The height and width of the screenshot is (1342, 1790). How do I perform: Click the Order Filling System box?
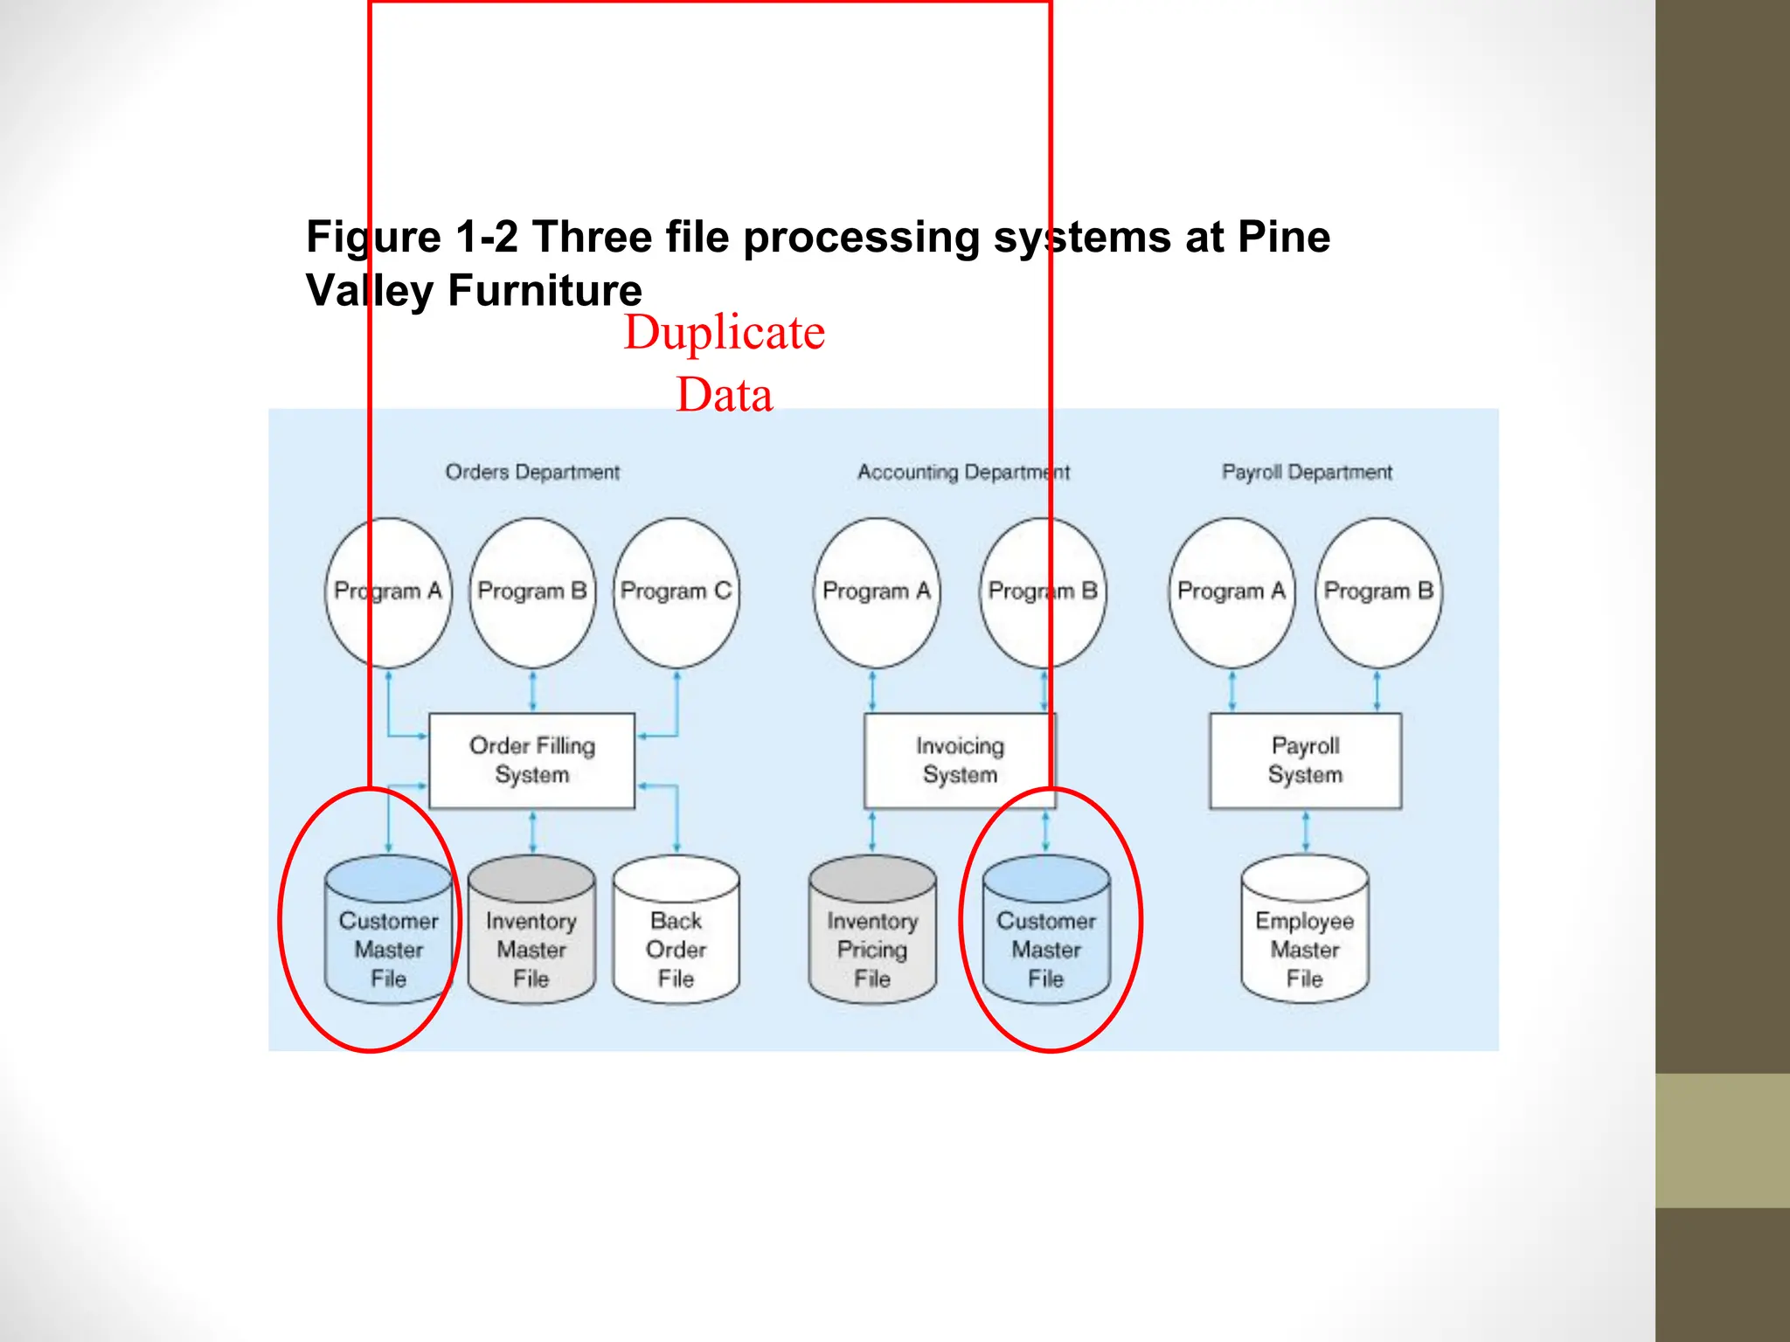pyautogui.click(x=531, y=760)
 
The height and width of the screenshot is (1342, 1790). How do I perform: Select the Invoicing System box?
pyautogui.click(x=960, y=760)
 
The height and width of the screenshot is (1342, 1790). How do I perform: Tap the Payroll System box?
pyautogui.click(x=1305, y=760)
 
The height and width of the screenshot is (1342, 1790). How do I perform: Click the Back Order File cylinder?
pyautogui.click(x=676, y=931)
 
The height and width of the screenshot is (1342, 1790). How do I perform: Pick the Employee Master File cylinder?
pyautogui.click(x=1305, y=931)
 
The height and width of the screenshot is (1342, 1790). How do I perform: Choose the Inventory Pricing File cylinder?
pyautogui.click(x=872, y=931)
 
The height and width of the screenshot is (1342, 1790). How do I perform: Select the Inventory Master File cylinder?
pyautogui.click(x=531, y=931)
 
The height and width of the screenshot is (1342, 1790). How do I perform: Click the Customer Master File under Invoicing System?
pyautogui.click(x=1046, y=931)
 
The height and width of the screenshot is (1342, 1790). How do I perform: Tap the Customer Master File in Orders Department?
pyautogui.click(x=388, y=931)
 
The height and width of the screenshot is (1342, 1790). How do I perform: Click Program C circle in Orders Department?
pyautogui.click(x=676, y=592)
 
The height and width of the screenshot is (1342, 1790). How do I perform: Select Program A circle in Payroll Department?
pyautogui.click(x=1231, y=592)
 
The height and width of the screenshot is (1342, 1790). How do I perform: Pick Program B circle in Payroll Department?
pyautogui.click(x=1378, y=592)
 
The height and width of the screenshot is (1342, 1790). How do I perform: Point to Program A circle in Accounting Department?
pyautogui.click(x=877, y=592)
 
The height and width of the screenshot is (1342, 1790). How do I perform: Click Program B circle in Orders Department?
pyautogui.click(x=532, y=592)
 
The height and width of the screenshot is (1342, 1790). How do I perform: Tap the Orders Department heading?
pyautogui.click(x=532, y=473)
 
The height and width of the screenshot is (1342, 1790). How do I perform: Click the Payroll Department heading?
pyautogui.click(x=1307, y=473)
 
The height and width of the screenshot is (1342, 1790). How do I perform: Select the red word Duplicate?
pyautogui.click(x=725, y=333)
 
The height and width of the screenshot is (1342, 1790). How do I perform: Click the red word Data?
pyautogui.click(x=725, y=395)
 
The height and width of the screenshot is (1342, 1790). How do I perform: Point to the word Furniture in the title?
pyautogui.click(x=545, y=291)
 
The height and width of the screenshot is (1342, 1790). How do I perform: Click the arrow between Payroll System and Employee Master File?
pyautogui.click(x=1306, y=832)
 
